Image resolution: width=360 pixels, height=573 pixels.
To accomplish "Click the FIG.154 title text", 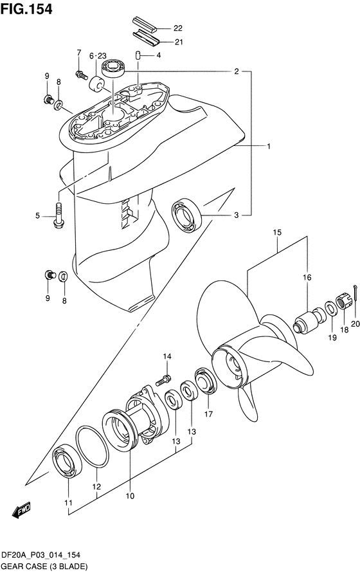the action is click(26, 9).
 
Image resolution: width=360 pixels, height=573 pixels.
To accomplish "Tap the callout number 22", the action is click(178, 28).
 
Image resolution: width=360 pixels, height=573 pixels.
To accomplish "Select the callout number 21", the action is click(178, 42).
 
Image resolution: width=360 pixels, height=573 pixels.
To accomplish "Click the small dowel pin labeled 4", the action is click(138, 55).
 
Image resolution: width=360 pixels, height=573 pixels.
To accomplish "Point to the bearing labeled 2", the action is click(113, 68).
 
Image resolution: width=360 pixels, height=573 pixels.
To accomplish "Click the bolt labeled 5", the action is click(58, 215).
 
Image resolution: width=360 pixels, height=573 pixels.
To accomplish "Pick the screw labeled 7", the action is click(82, 75).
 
